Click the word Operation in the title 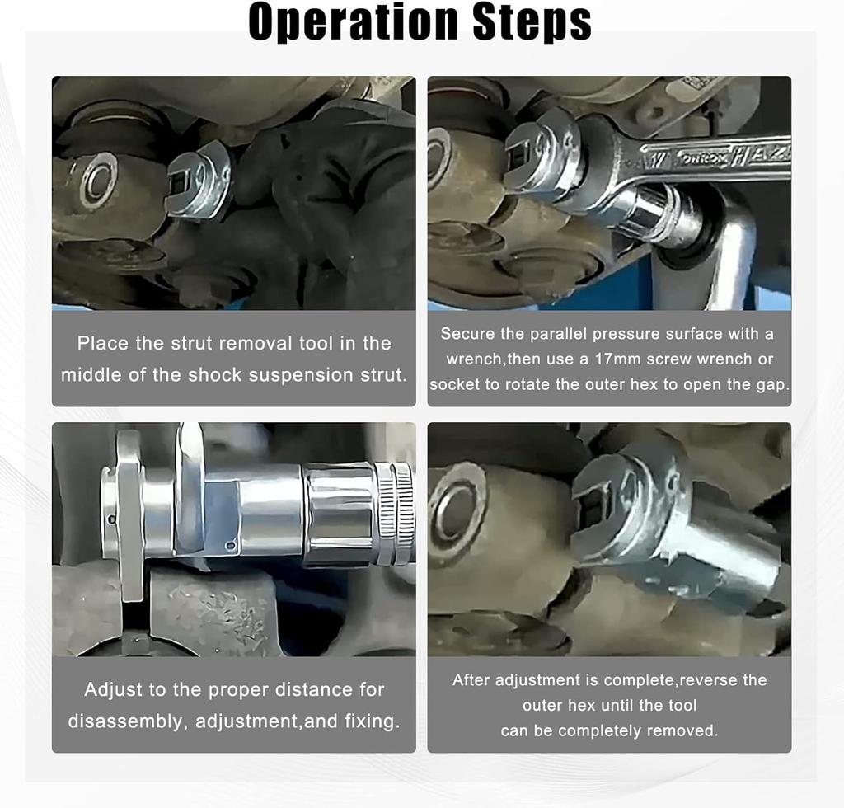point(352,22)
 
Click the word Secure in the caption point(467,334)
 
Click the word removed point(682,731)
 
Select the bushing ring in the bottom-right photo point(457,505)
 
